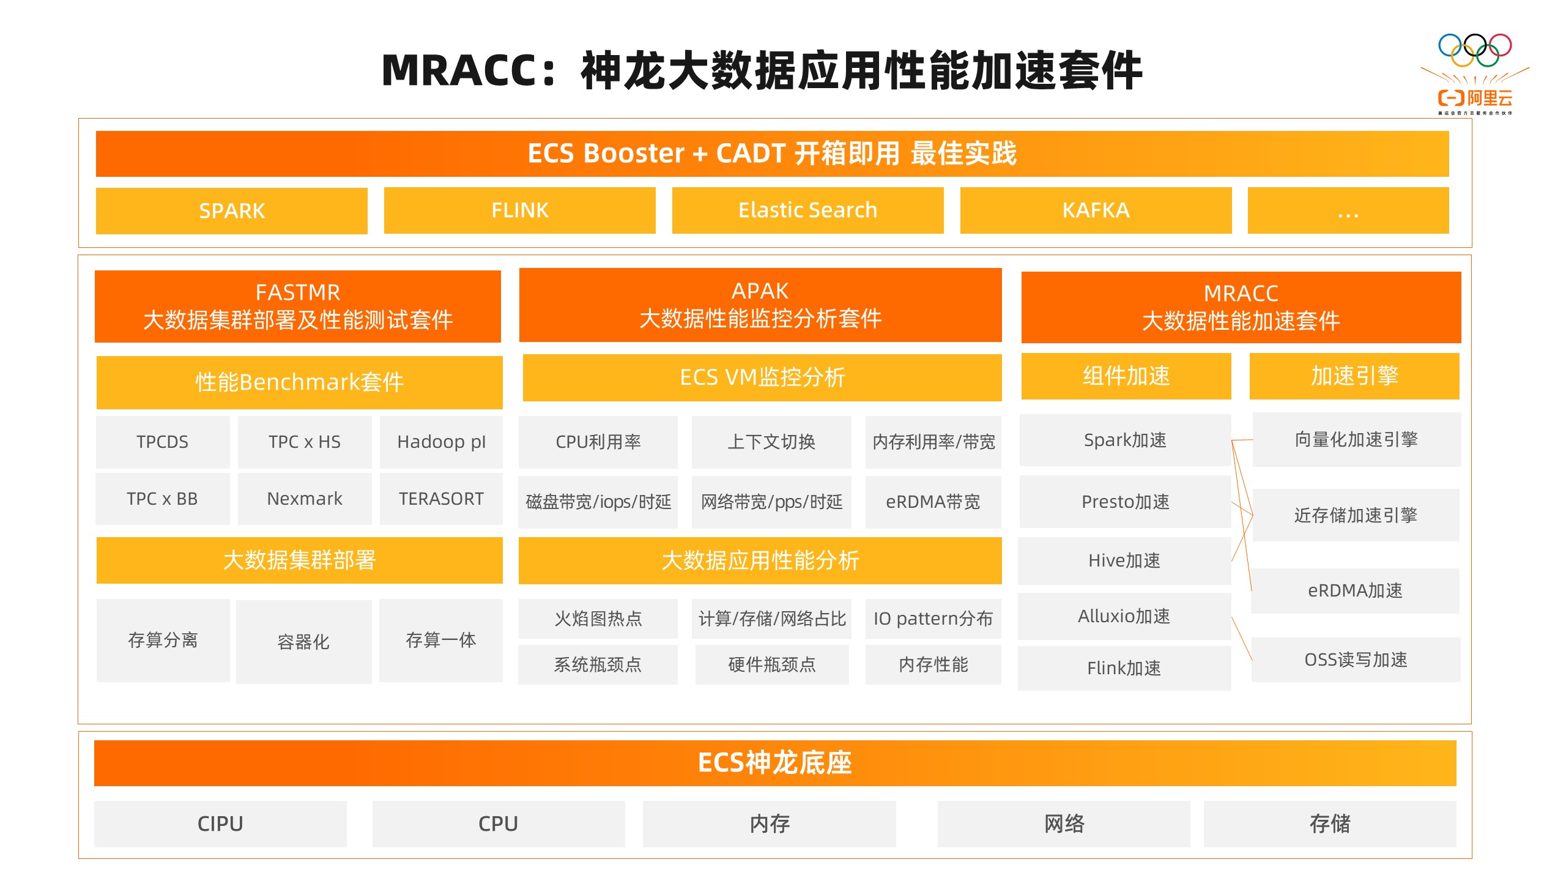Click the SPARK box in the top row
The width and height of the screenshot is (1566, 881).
232,210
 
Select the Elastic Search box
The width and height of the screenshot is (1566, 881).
807,210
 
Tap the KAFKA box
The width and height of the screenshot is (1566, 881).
1096,210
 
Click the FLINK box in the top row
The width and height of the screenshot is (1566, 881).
520,210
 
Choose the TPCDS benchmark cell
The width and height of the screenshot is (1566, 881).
163,442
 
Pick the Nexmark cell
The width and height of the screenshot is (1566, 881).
305,499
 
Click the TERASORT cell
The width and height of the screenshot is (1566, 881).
441,499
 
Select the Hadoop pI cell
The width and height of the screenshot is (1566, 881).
441,442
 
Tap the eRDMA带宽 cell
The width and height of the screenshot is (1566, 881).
933,502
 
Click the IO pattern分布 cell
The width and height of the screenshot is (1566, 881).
933,619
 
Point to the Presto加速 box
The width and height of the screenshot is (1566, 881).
1125,502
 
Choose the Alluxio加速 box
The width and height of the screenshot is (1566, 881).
1124,616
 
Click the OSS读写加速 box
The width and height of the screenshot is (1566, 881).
1356,660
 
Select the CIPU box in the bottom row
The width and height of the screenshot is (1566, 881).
220,823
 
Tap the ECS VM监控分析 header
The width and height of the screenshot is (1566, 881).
762,377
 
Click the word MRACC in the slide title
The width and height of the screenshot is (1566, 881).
459,70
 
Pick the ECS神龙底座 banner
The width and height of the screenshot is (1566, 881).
775,763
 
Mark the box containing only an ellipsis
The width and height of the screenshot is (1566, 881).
1348,210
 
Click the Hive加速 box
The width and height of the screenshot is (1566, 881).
1124,560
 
